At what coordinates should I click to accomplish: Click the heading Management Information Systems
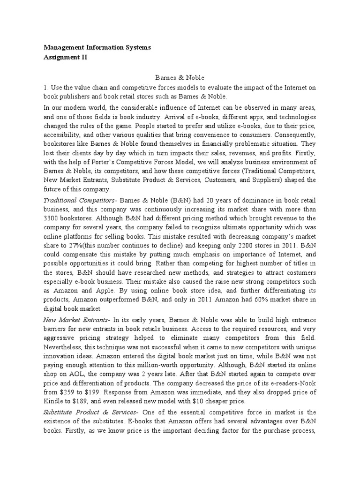[x=97, y=48]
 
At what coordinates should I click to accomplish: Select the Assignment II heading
[x=66, y=57]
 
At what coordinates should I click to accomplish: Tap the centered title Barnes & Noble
[x=180, y=77]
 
